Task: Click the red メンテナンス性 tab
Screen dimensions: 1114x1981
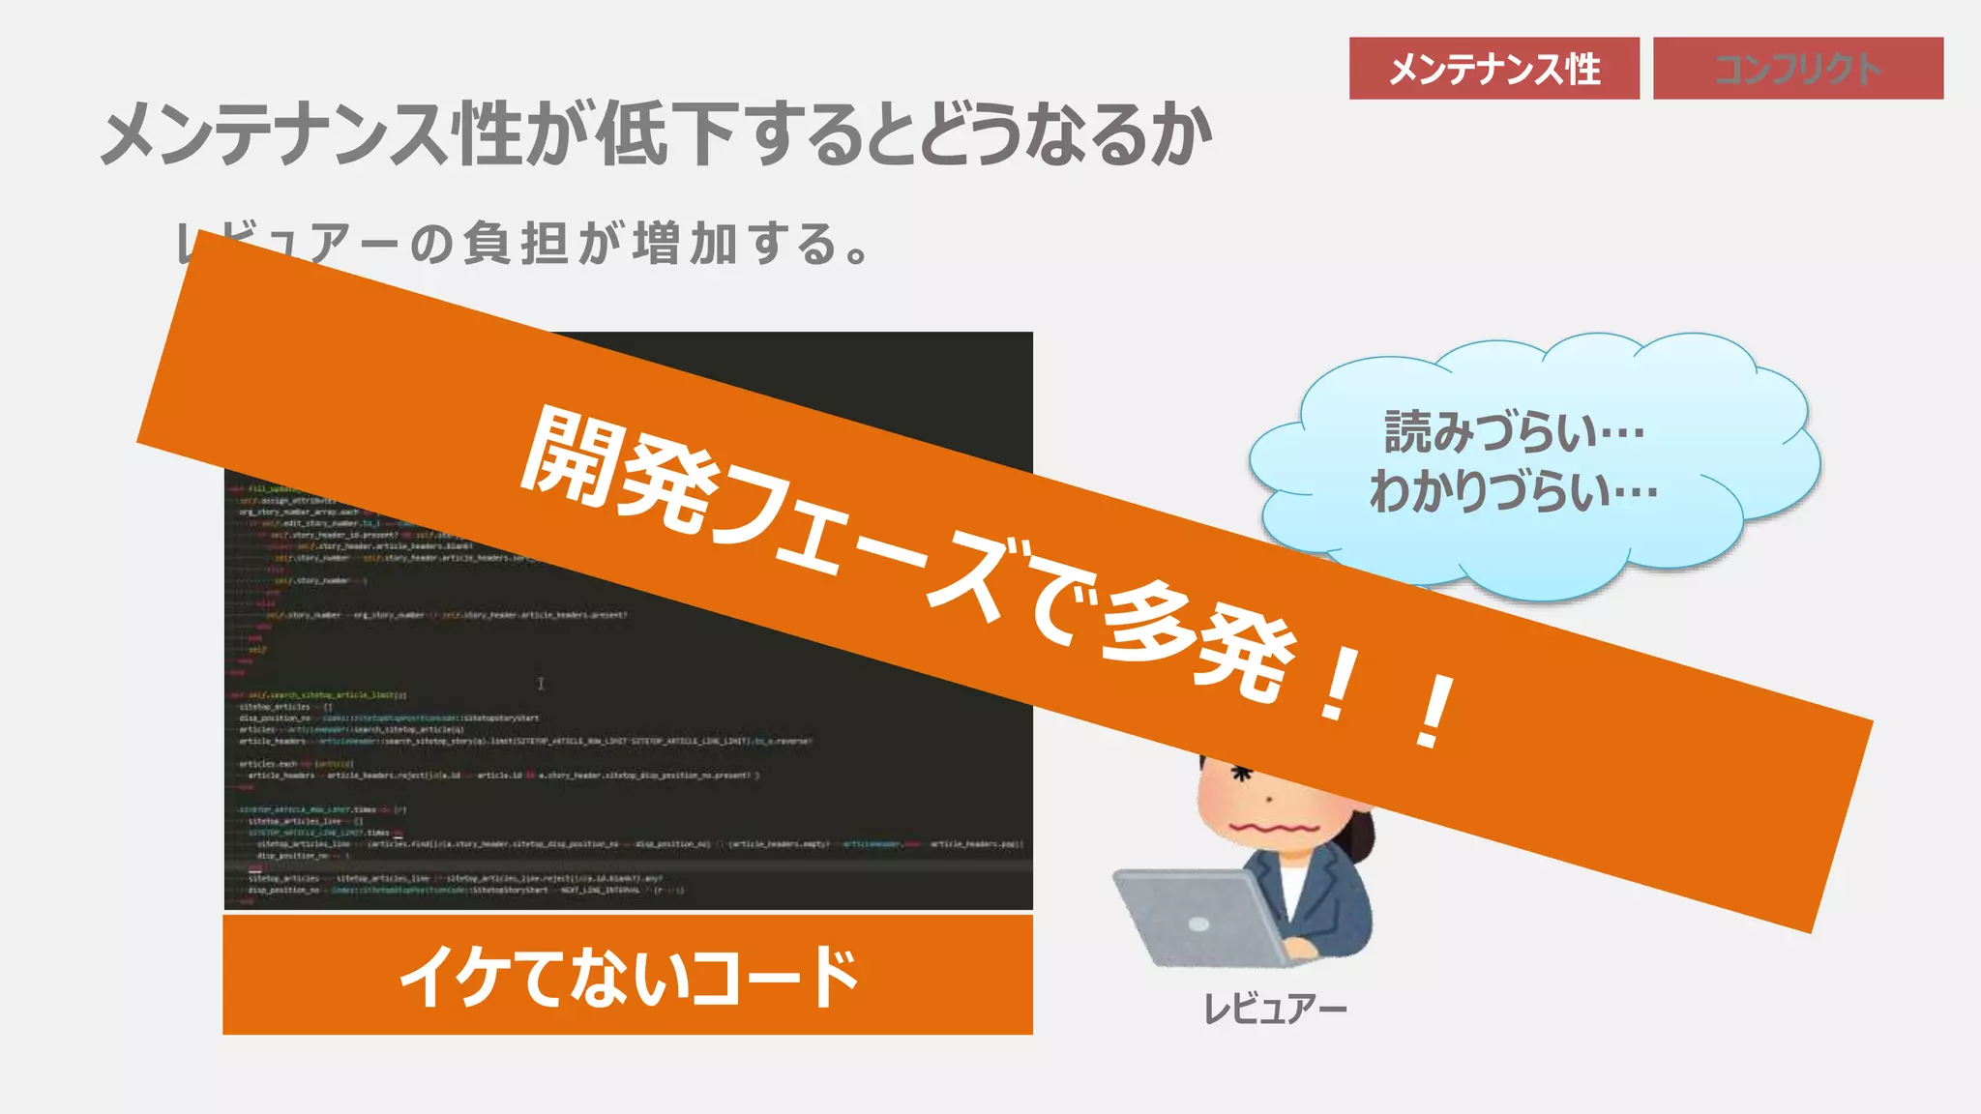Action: pyautogui.click(x=1493, y=69)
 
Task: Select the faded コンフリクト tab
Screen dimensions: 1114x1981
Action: pyautogui.click(x=1797, y=69)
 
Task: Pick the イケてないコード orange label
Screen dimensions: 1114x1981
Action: pyautogui.click(x=628, y=975)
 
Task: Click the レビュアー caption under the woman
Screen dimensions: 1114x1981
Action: pyautogui.click(x=1274, y=1009)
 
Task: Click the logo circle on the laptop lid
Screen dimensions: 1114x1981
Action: pyautogui.click(x=1198, y=924)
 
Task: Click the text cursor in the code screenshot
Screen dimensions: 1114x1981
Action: pyautogui.click(x=541, y=684)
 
